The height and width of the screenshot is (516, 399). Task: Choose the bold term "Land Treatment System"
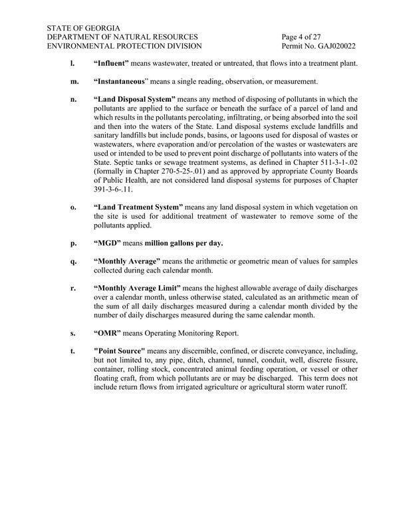click(141, 207)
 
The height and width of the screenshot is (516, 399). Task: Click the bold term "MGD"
click(110, 243)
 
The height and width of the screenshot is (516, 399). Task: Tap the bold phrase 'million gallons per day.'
click(184, 243)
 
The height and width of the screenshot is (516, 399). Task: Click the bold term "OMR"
click(110, 332)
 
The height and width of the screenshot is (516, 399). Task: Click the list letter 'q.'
click(73, 261)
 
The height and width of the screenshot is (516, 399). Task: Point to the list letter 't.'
click(72, 350)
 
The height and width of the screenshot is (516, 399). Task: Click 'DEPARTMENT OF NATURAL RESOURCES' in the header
click(122, 36)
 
